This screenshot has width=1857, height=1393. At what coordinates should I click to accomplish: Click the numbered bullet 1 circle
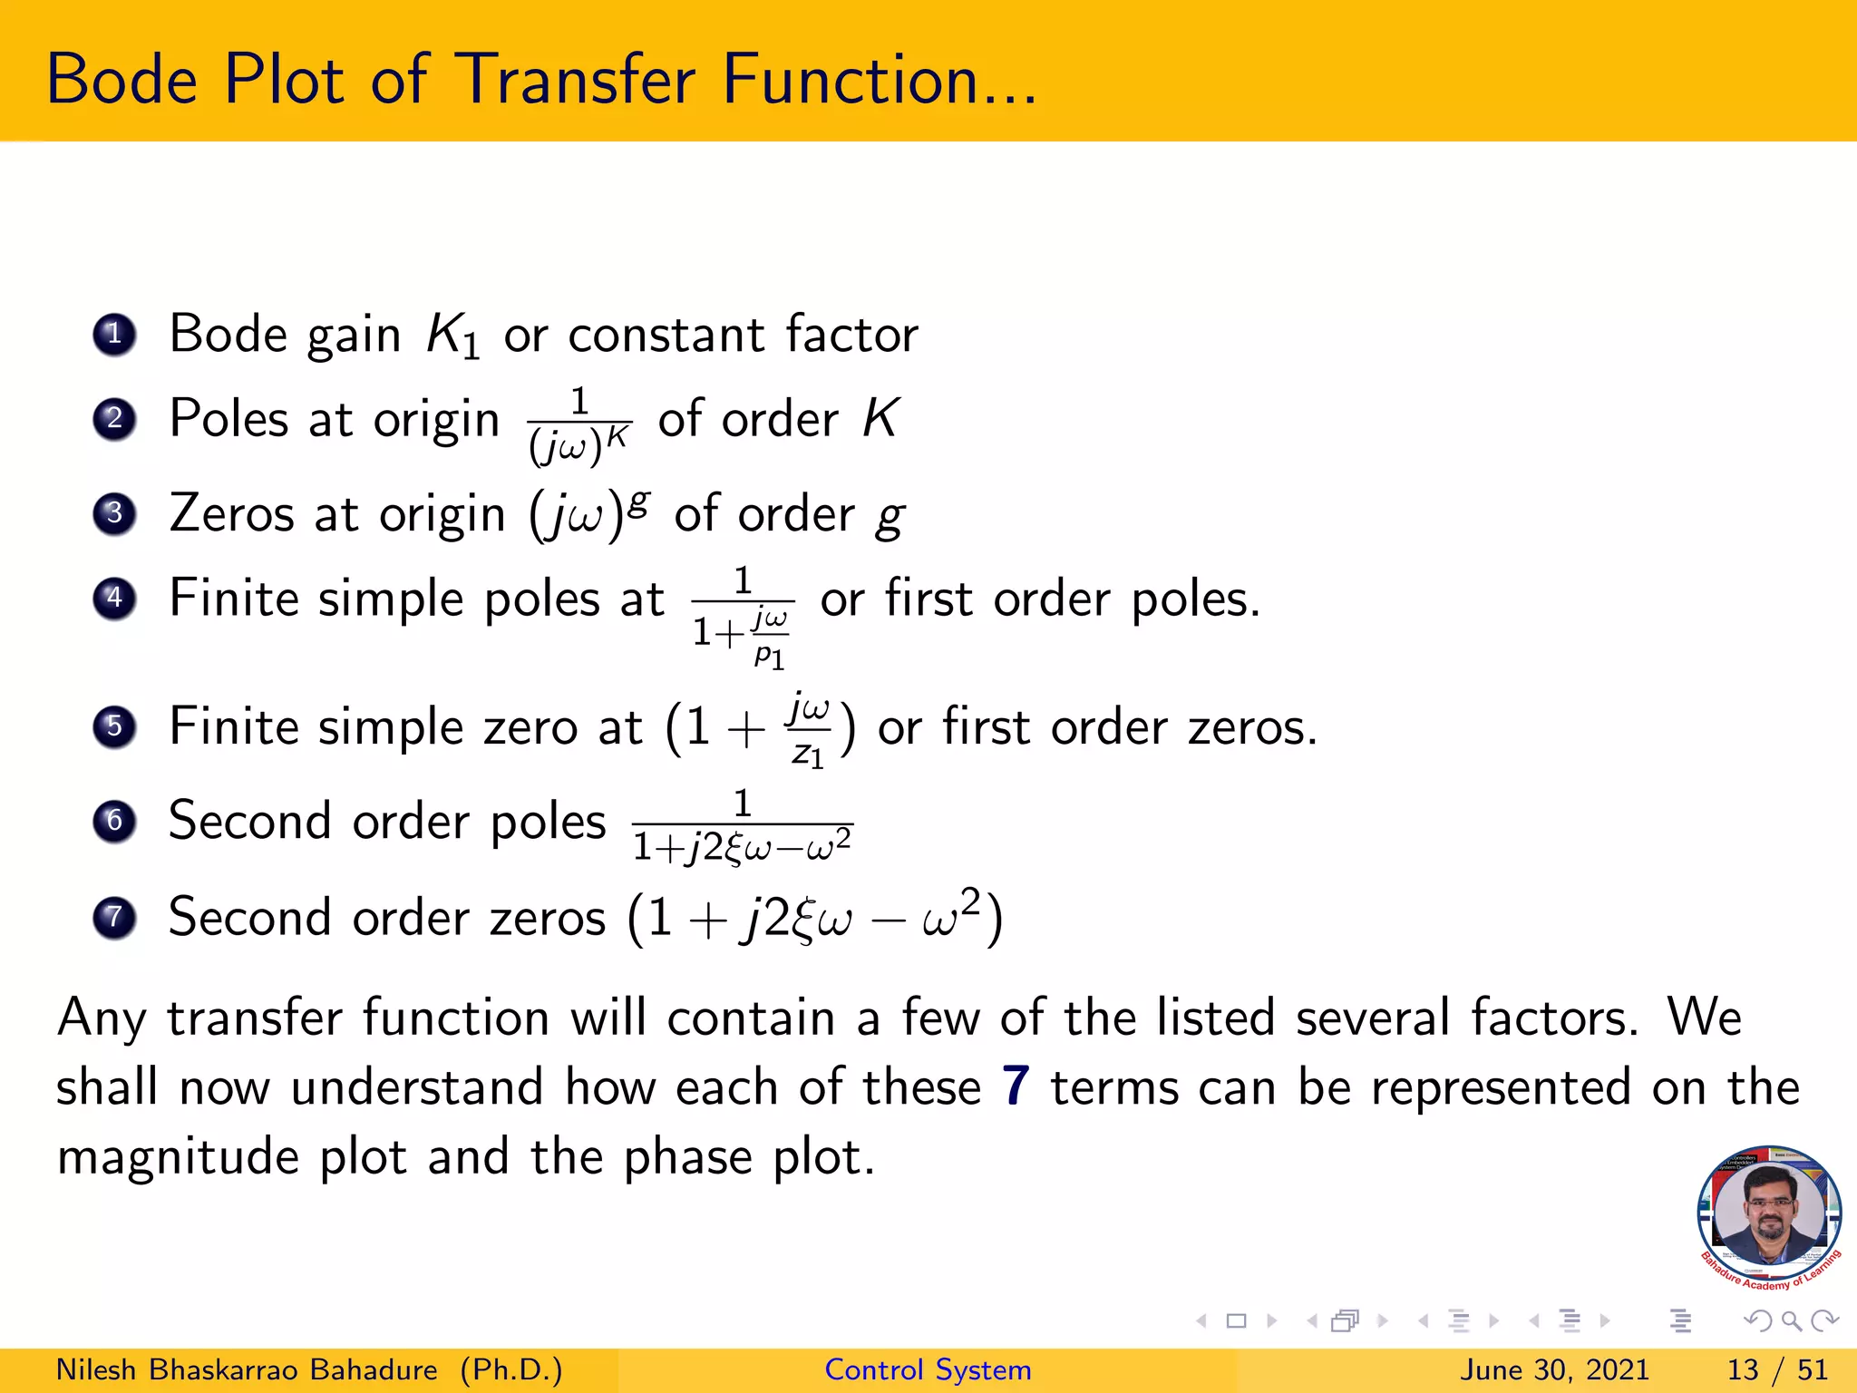click(x=114, y=335)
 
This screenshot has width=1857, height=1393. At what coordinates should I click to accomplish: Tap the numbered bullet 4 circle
click(x=114, y=599)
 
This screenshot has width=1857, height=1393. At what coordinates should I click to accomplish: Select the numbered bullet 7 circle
click(x=114, y=917)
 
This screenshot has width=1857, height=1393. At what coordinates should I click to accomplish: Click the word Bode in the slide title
click(x=122, y=80)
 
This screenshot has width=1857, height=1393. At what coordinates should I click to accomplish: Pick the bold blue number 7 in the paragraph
click(x=1016, y=1086)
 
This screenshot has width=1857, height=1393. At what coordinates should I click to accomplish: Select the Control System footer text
click(x=928, y=1369)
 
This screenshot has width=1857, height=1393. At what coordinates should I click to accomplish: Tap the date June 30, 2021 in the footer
click(x=1553, y=1369)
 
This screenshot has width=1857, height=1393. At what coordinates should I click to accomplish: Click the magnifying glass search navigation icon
click(x=1791, y=1320)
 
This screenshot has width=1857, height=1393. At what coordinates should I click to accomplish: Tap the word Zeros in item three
click(x=231, y=514)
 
